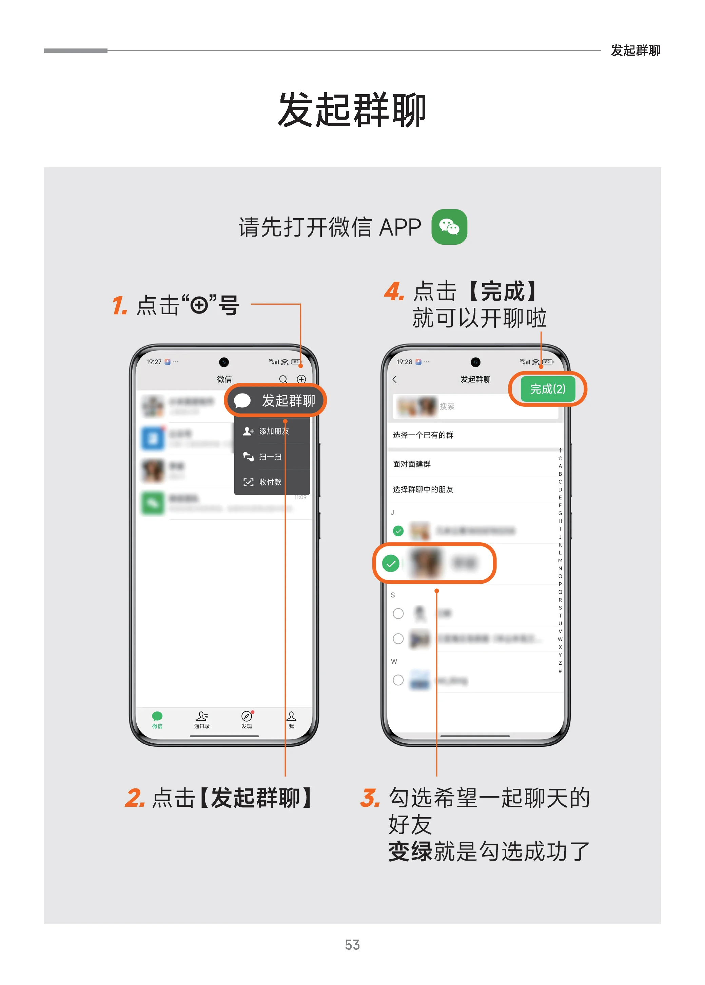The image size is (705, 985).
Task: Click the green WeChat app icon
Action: (x=449, y=227)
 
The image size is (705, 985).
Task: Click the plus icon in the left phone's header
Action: (x=301, y=379)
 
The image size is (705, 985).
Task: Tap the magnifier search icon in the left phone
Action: (x=283, y=379)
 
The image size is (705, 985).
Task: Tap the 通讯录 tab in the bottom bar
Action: (x=202, y=720)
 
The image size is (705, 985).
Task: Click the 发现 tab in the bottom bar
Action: (x=247, y=720)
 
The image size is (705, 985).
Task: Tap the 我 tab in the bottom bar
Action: (x=291, y=720)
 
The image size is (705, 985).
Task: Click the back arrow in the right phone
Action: (x=395, y=379)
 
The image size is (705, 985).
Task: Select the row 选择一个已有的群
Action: (x=423, y=435)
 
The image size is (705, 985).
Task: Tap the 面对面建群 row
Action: (x=412, y=464)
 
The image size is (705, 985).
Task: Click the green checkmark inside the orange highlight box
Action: (x=391, y=563)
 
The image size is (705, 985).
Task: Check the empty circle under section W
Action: (x=398, y=680)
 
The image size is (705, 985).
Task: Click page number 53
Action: (x=352, y=945)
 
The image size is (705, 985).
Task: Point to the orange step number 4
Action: (x=393, y=291)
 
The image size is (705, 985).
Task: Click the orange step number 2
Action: (x=134, y=798)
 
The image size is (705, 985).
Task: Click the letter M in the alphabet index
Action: (x=560, y=560)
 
